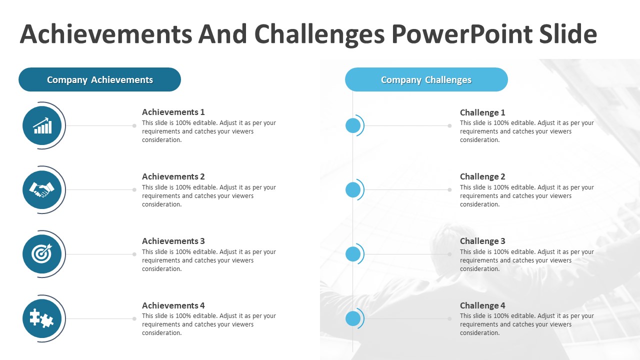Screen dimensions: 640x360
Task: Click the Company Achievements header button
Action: (x=99, y=79)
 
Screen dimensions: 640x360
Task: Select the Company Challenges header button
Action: (x=426, y=79)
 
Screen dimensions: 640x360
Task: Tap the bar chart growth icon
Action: (x=42, y=125)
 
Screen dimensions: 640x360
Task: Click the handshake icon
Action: (x=41, y=189)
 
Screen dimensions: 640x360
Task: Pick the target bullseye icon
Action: (x=42, y=253)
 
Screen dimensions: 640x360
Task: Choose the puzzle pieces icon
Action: (x=41, y=318)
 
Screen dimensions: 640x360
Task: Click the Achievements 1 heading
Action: (x=173, y=112)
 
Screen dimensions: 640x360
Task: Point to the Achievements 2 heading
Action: (x=173, y=176)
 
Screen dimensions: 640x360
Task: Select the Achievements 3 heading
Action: (x=173, y=241)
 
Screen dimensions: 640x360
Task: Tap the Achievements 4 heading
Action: (x=173, y=305)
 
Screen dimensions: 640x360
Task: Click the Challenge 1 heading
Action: (x=482, y=112)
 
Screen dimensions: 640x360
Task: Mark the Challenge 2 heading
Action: (x=482, y=176)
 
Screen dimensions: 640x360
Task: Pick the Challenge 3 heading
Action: (x=482, y=241)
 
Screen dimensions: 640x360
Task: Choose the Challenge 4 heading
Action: (x=482, y=305)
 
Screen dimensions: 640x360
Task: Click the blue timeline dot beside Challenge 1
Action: (x=353, y=125)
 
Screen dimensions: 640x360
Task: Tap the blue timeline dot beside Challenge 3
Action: (x=353, y=254)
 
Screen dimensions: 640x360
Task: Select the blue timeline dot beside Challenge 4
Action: (x=353, y=318)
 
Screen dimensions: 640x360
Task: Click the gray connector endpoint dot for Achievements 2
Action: (x=134, y=189)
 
